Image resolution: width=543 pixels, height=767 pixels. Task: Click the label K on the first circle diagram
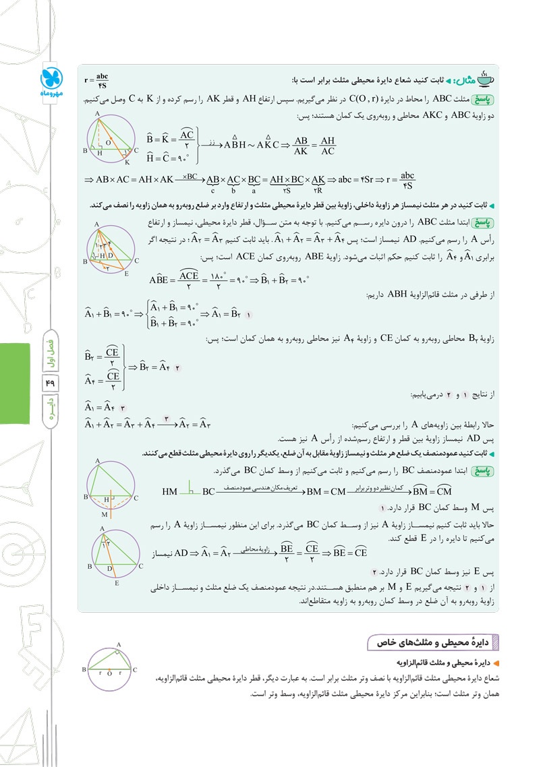click(x=125, y=162)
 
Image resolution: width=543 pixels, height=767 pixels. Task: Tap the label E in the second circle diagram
click(x=126, y=273)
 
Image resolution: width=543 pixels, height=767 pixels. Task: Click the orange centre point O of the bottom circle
click(x=109, y=670)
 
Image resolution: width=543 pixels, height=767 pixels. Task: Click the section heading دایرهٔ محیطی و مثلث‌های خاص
click(x=432, y=641)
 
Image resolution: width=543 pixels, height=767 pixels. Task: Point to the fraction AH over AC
click(x=327, y=146)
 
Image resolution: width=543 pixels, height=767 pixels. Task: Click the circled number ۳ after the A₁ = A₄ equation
click(x=122, y=408)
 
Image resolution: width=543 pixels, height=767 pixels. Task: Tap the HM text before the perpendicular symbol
click(x=170, y=491)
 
